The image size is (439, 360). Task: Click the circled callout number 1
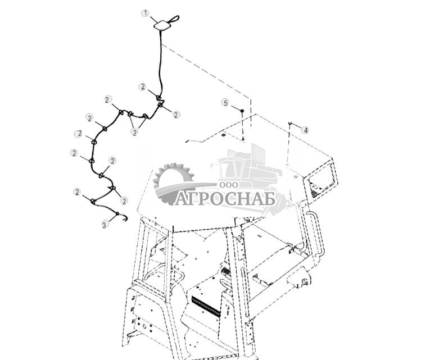point(145,13)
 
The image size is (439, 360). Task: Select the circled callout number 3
point(104,224)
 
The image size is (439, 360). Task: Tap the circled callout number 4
point(305,130)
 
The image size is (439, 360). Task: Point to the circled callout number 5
point(225,103)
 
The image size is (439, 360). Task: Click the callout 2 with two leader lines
point(134,132)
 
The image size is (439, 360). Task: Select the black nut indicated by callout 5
point(241,112)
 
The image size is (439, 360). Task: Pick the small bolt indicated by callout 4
point(289,122)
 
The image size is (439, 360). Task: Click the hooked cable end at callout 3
point(119,217)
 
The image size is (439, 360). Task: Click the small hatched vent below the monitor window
point(314,194)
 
